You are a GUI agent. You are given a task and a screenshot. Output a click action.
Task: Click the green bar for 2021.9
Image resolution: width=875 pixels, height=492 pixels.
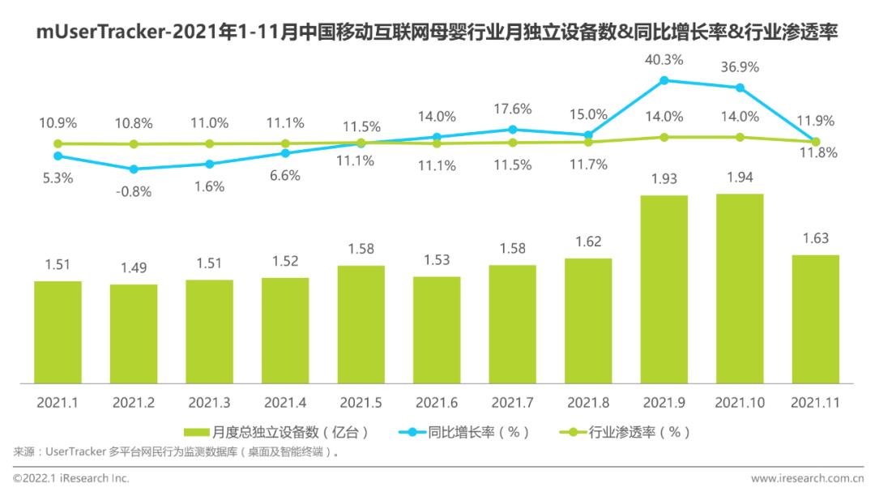pos(664,289)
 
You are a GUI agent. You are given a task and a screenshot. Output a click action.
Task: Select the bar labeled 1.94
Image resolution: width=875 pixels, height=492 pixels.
pos(740,288)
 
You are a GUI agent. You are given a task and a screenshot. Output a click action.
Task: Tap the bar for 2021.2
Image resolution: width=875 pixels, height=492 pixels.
pos(134,333)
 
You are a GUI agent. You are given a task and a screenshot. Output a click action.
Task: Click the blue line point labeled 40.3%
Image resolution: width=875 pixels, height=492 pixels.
pos(664,79)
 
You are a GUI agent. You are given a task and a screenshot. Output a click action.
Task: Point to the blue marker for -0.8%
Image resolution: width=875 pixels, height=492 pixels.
pos(134,169)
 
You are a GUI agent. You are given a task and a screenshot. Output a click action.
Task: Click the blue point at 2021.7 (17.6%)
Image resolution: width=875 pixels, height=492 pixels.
pos(512,129)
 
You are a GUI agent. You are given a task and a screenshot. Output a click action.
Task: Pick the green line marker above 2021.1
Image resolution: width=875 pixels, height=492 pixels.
pos(58,143)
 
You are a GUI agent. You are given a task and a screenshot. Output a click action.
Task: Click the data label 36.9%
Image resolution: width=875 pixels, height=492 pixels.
pos(739,66)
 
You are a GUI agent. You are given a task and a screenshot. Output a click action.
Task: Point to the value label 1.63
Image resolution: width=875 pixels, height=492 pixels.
pos(815,237)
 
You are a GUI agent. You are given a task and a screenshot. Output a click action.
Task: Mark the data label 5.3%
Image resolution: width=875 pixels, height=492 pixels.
pos(58,178)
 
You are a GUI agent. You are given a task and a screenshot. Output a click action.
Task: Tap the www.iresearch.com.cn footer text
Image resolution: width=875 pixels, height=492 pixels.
pos(805,478)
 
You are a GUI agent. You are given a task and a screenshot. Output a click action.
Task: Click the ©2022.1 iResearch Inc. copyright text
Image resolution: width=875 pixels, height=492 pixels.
pos(71,478)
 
